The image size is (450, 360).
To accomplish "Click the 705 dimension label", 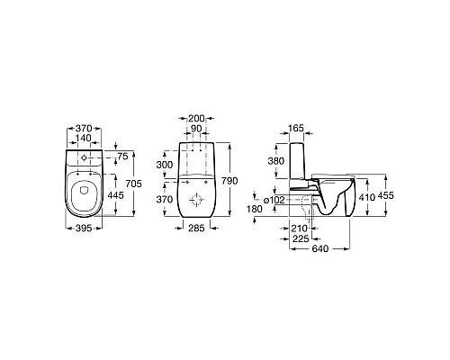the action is (x=133, y=184).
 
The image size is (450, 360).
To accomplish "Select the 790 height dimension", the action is (x=229, y=181).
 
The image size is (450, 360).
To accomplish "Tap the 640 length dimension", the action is (x=320, y=248).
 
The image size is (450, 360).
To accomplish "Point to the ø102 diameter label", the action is (x=274, y=200).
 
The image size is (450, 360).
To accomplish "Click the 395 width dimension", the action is (x=84, y=229).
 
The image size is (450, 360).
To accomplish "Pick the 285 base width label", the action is (x=196, y=228).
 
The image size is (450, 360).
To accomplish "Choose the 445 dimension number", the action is (x=115, y=195).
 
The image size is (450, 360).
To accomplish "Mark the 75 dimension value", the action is (x=122, y=157).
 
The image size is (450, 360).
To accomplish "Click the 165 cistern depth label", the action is (x=296, y=128).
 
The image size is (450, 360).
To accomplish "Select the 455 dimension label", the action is (x=385, y=195).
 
